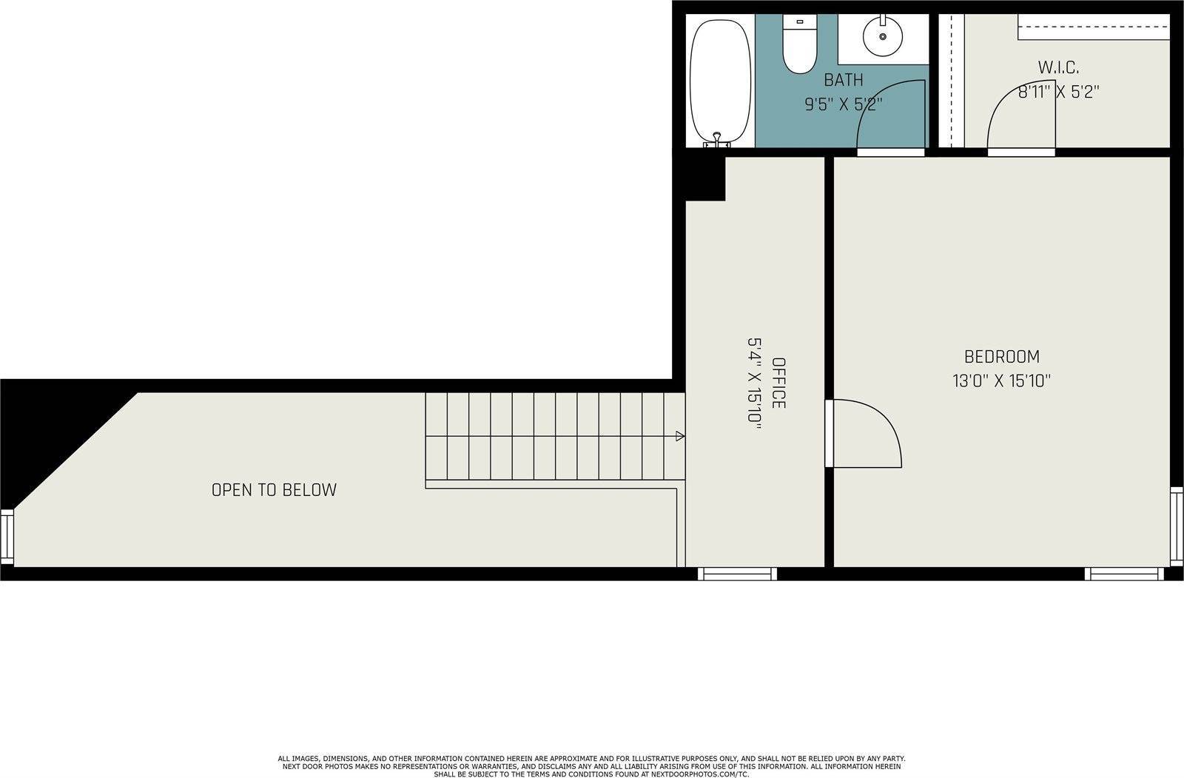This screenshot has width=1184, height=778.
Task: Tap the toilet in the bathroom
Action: click(x=800, y=44)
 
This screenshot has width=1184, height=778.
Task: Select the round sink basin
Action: click(x=883, y=36)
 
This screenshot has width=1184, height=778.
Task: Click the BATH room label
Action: click(x=844, y=80)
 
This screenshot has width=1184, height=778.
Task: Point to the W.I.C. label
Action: click(x=1058, y=67)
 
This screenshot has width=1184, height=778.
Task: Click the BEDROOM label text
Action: click(x=1002, y=357)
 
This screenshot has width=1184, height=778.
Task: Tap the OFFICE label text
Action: click(x=778, y=383)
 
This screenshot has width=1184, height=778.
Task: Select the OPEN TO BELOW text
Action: click(x=274, y=490)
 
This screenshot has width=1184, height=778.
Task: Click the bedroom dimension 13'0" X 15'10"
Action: click(x=1002, y=380)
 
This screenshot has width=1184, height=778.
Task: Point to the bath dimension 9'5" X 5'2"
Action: click(x=844, y=104)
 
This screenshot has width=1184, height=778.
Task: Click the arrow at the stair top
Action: click(x=680, y=436)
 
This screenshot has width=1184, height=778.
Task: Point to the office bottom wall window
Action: click(x=737, y=574)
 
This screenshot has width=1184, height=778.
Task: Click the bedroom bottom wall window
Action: click(x=1124, y=574)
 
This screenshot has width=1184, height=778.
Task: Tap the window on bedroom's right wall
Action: click(x=1177, y=526)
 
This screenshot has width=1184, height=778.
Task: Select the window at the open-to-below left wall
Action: click(x=7, y=537)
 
